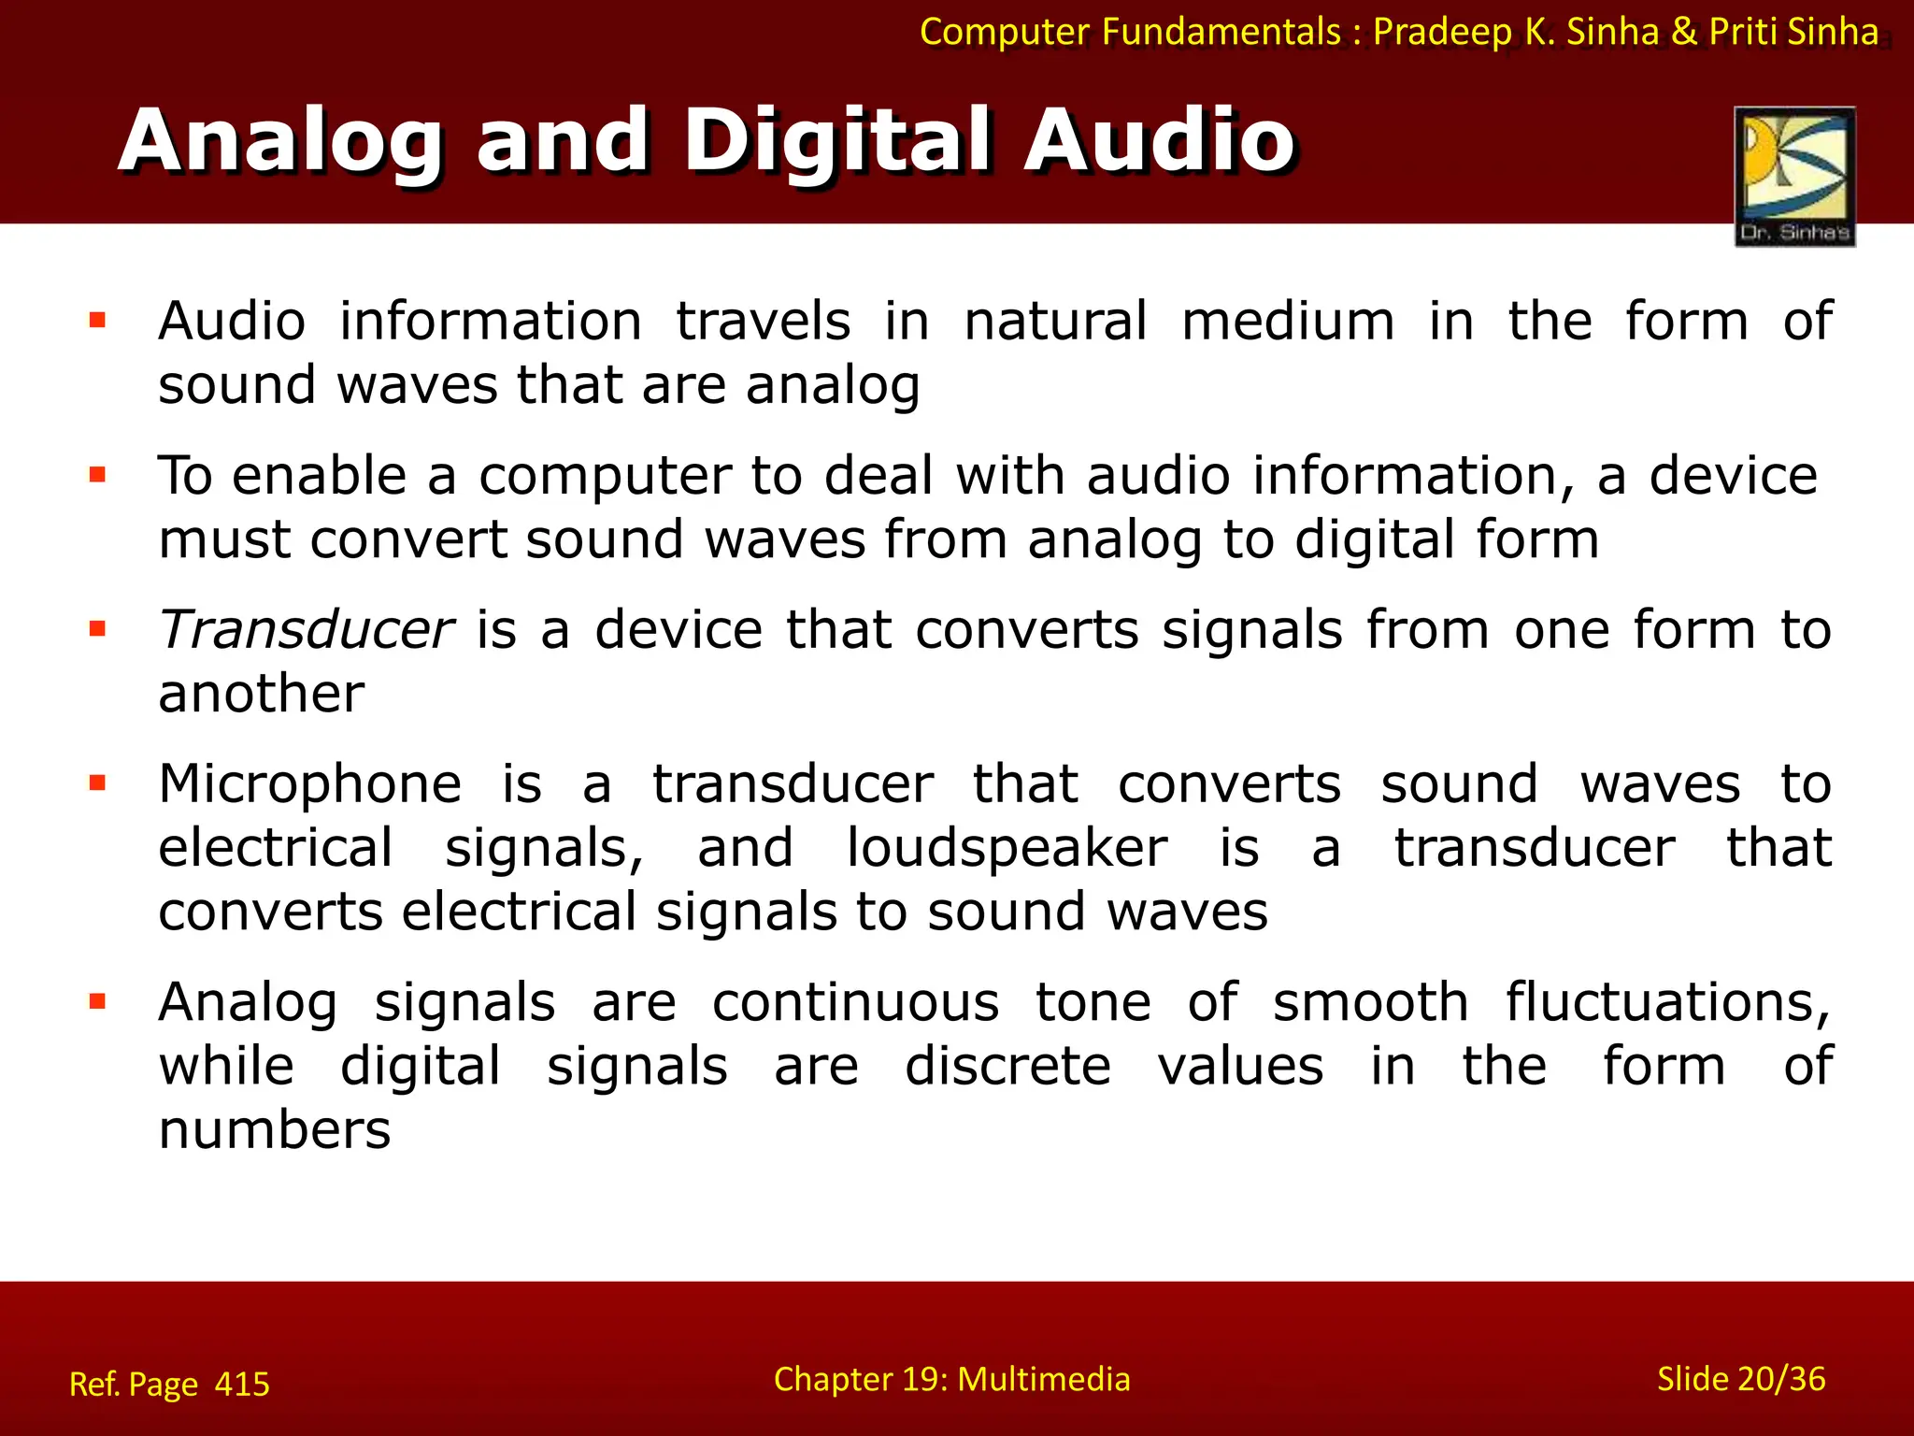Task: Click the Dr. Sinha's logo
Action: pyautogui.click(x=1794, y=176)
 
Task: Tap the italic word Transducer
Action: pyautogui.click(x=306, y=629)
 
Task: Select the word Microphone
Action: pyautogui.click(x=309, y=783)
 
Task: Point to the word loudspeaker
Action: pyautogui.click(x=1007, y=848)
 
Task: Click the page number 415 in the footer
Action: pyautogui.click(x=242, y=1384)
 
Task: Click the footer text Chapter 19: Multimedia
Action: pyautogui.click(x=951, y=1379)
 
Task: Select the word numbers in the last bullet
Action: pyautogui.click(x=274, y=1129)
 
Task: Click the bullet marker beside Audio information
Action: pyautogui.click(x=97, y=321)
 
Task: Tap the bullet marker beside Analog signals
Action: pyautogui.click(x=97, y=1002)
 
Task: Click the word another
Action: pyautogui.click(x=261, y=694)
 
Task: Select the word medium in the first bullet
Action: pyautogui.click(x=1288, y=321)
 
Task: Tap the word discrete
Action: pyautogui.click(x=1007, y=1066)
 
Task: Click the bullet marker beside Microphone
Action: pyautogui.click(x=97, y=783)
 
